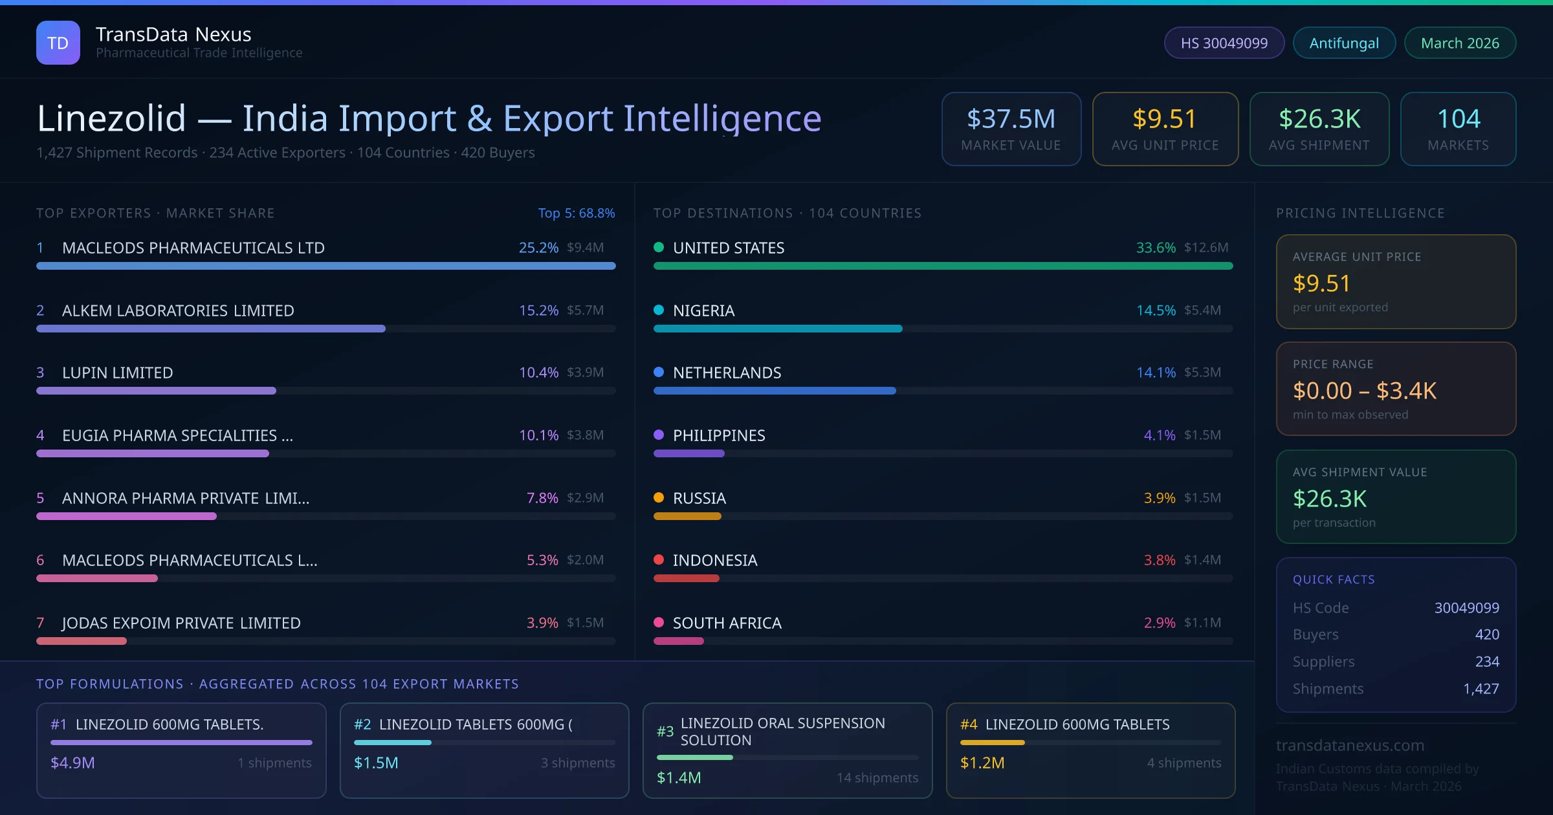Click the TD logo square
(x=58, y=43)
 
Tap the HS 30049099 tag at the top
(x=1224, y=43)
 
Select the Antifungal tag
(x=1344, y=43)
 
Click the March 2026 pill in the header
(x=1460, y=43)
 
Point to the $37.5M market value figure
(x=1011, y=119)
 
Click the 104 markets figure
(x=1458, y=119)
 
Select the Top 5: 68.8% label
(x=576, y=213)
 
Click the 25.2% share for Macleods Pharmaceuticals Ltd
(x=538, y=248)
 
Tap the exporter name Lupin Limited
(x=117, y=373)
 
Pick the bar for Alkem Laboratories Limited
(x=210, y=329)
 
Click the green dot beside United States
(x=659, y=247)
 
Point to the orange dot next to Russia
(x=659, y=497)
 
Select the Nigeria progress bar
(x=777, y=329)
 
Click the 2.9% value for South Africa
(x=1159, y=623)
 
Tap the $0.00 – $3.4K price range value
(x=1364, y=391)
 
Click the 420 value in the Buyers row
(x=1486, y=635)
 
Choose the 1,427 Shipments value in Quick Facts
(x=1481, y=689)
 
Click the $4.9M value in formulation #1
(x=72, y=763)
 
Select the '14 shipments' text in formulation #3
(x=877, y=777)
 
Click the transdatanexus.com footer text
(x=1350, y=745)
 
